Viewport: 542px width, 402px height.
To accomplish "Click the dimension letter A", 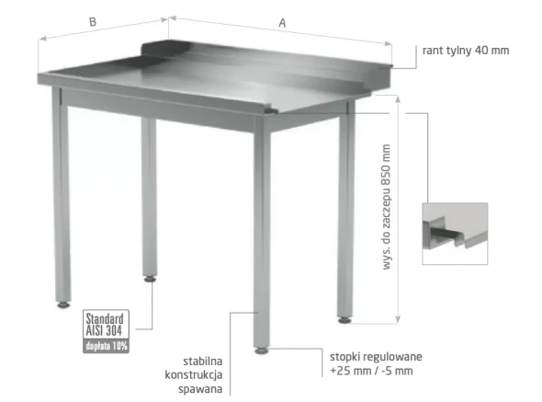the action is point(282,23).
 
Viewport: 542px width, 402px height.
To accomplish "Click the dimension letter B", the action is point(93,22).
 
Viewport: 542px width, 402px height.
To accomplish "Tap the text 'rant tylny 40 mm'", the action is point(466,51).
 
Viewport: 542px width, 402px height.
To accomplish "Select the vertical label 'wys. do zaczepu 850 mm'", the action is point(386,207).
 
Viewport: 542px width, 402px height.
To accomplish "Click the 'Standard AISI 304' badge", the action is point(106,325).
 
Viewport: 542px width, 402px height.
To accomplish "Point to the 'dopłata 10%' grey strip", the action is point(106,346).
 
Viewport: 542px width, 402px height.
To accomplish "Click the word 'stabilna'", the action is point(202,362).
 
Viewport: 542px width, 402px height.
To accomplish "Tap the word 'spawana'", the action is point(200,389).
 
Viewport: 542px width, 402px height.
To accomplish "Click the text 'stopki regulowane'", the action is point(376,357).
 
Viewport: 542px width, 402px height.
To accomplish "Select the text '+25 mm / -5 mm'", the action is point(371,371).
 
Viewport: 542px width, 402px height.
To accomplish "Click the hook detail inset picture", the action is point(455,234).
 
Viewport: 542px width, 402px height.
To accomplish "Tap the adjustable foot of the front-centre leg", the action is point(261,350).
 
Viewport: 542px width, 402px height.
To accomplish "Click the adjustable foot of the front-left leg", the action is point(63,304).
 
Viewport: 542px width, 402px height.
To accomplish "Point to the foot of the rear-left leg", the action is point(150,279).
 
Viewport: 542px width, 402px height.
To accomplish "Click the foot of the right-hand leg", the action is point(344,320).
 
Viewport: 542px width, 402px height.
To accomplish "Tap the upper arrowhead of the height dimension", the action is point(398,99).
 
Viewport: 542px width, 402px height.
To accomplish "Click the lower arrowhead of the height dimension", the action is point(398,320).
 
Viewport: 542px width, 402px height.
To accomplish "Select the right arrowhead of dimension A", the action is point(389,43).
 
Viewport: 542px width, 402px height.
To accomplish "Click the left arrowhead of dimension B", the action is point(42,38).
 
